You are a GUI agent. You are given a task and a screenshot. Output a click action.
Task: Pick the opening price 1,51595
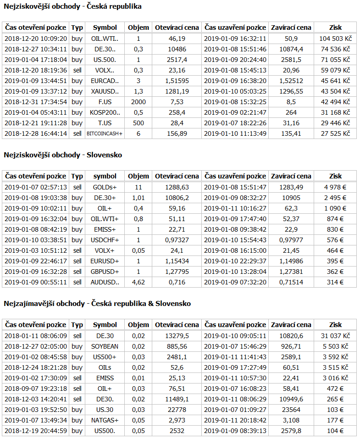tap(177, 81)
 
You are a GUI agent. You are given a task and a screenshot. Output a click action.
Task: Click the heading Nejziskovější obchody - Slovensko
tap(63, 155)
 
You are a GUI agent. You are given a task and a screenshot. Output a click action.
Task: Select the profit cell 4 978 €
tap(335, 187)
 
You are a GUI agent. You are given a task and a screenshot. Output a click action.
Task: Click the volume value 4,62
tap(138, 282)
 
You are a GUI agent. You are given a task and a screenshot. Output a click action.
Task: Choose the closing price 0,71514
tap(291, 282)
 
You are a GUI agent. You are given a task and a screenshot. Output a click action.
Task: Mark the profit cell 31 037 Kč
tap(335, 336)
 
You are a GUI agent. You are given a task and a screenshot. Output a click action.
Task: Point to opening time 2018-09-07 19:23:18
tap(36, 389)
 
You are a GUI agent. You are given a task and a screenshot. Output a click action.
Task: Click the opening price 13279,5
tap(177, 336)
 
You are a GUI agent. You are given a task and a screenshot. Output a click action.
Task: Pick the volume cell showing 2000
tap(138, 102)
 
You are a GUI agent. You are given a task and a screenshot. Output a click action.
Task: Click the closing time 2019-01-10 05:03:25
tap(235, 91)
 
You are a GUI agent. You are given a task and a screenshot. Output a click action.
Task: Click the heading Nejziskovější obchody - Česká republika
tap(72, 6)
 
